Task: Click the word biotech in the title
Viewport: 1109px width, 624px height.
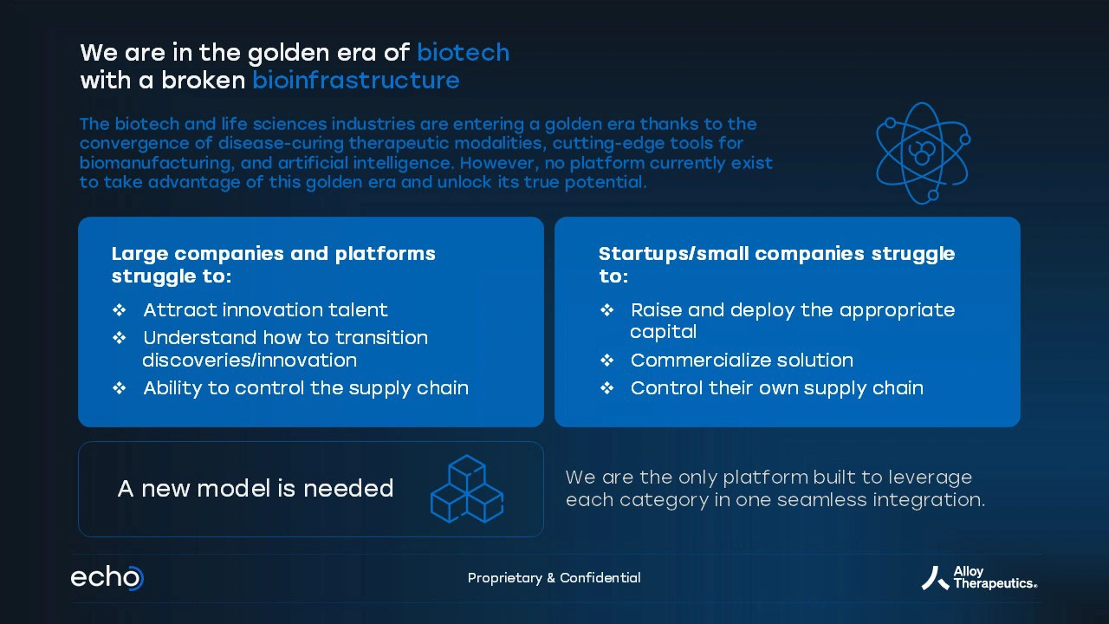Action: point(463,52)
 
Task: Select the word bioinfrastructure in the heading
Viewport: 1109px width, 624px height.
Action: point(356,81)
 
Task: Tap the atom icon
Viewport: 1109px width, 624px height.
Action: point(923,153)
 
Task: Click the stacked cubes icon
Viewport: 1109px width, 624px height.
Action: point(467,489)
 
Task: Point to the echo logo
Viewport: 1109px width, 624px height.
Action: point(107,577)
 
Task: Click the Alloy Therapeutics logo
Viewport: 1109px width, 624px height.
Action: point(979,578)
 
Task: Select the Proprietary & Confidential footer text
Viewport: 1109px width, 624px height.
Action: point(554,578)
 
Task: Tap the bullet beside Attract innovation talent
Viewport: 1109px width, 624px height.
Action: point(119,310)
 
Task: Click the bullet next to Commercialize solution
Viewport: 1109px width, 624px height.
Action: point(607,361)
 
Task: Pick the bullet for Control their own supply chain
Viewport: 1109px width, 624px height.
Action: point(607,388)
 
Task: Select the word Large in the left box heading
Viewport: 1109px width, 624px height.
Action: point(140,255)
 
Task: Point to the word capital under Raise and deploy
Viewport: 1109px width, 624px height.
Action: point(664,332)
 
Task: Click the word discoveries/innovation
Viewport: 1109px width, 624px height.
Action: point(250,360)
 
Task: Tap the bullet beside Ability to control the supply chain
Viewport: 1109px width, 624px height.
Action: point(119,388)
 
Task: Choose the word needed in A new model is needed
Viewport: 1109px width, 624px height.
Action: point(348,488)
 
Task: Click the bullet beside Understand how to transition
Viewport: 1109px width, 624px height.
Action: point(119,338)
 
